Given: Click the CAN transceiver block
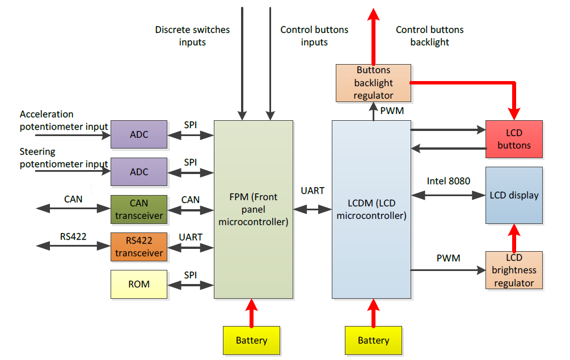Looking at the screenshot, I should coord(139,209).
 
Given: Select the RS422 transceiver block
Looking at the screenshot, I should coord(139,247).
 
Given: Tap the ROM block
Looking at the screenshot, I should coord(139,284).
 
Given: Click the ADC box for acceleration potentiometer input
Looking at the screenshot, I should coord(139,134).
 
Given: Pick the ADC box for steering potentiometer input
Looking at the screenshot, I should coord(139,172).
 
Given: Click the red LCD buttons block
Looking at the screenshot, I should coord(514,139).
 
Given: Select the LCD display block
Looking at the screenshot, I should coord(514,195).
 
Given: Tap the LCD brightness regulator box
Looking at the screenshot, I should coord(514,270).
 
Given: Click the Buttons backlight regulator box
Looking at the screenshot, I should coord(373,83).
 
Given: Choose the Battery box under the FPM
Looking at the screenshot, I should coord(251,340).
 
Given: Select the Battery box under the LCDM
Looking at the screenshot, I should coord(373,340).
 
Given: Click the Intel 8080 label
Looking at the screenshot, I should coord(448,181).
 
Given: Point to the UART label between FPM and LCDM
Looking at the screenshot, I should coord(313,190).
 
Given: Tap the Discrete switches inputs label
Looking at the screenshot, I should coord(192,36).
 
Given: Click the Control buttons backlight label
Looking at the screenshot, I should coord(429,36).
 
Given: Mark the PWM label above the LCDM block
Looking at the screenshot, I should coord(392,111).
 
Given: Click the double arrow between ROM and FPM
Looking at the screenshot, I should coord(191,285).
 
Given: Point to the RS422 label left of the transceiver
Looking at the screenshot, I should coord(73,236).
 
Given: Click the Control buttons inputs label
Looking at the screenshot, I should coord(314,36).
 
